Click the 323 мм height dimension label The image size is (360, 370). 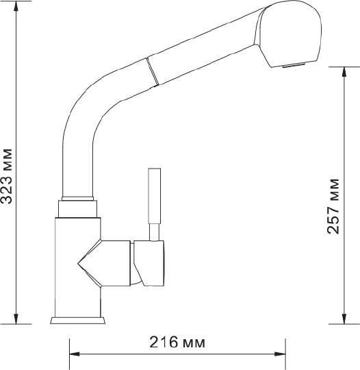click(x=6, y=176)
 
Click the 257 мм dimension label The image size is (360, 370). click(x=333, y=206)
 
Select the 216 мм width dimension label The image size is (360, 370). click(x=177, y=342)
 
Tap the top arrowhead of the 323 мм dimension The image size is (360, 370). click(x=16, y=6)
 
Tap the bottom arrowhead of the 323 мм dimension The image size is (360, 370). click(x=16, y=319)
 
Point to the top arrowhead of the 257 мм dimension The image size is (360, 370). click(x=344, y=72)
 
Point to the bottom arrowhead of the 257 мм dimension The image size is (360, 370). click(x=344, y=319)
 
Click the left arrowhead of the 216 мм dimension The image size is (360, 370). click(x=75, y=354)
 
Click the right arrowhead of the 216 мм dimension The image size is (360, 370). click(x=281, y=354)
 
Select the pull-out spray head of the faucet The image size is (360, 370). click(x=288, y=34)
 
